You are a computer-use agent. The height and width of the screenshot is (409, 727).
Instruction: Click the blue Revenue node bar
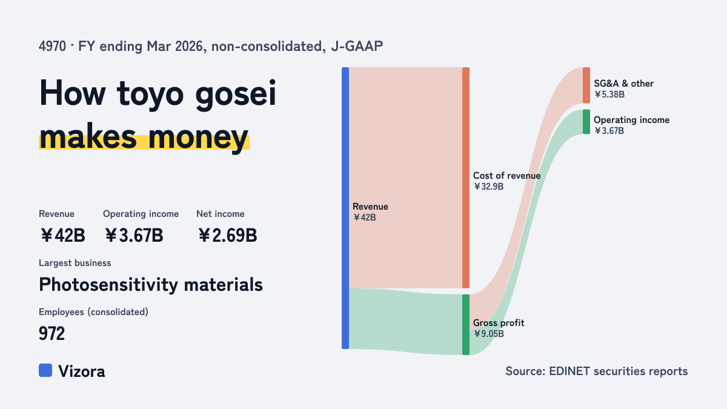pyautogui.click(x=345, y=208)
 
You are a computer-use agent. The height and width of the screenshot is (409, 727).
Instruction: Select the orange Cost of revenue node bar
pyautogui.click(x=466, y=178)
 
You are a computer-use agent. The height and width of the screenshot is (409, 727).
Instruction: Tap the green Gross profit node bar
pyautogui.click(x=466, y=325)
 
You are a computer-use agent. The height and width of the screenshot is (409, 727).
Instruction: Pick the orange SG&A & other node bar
pyautogui.click(x=586, y=85)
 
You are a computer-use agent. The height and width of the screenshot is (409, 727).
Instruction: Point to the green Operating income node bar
pyautogui.click(x=586, y=122)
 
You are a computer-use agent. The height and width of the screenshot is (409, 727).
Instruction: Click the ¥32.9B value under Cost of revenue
pyautogui.click(x=488, y=187)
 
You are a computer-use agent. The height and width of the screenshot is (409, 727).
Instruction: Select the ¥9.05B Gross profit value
pyautogui.click(x=488, y=334)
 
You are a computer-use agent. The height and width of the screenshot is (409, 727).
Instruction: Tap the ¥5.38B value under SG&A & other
pyautogui.click(x=609, y=95)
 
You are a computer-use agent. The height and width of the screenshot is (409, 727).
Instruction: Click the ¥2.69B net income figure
pyautogui.click(x=227, y=235)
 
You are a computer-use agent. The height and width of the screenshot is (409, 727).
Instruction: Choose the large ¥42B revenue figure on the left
pyautogui.click(x=62, y=235)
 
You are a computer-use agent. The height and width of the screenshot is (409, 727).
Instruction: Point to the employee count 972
pyautogui.click(x=51, y=333)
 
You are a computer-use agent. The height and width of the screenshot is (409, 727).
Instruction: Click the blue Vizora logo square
pyautogui.click(x=45, y=370)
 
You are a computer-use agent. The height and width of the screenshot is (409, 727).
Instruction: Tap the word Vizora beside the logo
pyautogui.click(x=82, y=371)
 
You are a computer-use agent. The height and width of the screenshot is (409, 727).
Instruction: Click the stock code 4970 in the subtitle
pyautogui.click(x=52, y=46)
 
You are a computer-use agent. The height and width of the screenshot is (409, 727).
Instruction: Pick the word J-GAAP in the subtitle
pyautogui.click(x=357, y=46)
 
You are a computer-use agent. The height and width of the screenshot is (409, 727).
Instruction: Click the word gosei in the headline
pyautogui.click(x=236, y=94)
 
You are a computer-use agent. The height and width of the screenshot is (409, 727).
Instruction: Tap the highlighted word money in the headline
pyautogui.click(x=198, y=138)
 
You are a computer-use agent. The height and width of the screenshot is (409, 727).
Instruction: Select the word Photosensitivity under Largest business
pyautogui.click(x=108, y=285)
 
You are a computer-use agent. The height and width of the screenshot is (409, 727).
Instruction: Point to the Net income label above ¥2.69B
pyautogui.click(x=221, y=213)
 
